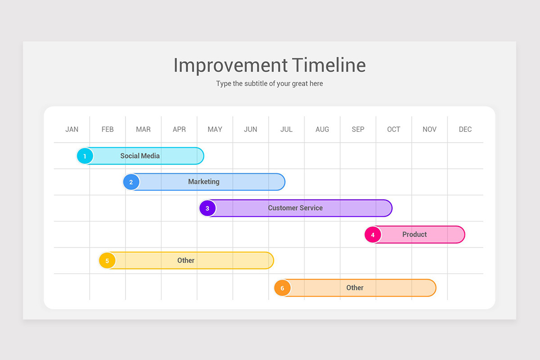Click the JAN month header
coord(72,130)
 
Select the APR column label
coord(179,130)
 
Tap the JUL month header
coord(286,130)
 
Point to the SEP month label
coord(358,130)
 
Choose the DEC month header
coord(465,130)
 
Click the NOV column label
coord(429,130)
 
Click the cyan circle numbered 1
coord(85,156)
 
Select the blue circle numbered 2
coord(131,182)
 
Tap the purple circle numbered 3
coord(207,208)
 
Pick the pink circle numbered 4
coord(373,234)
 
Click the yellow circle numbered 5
coord(107,261)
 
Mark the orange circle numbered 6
coord(282,288)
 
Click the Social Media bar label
coord(140,156)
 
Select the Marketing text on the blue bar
coord(204,182)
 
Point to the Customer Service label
coord(295,208)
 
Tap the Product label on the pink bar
coord(414,234)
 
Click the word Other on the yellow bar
coord(186,261)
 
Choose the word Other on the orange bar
coord(355,288)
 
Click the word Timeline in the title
coord(329,65)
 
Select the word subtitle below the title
coord(256,83)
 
